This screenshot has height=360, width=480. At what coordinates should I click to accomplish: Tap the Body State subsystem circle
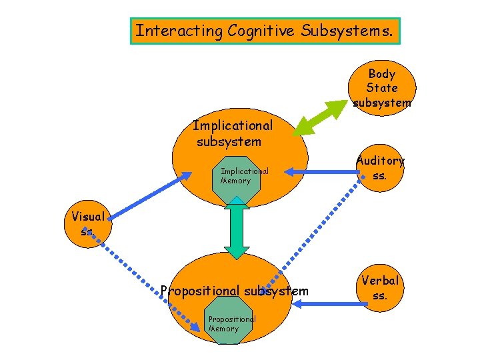[x=382, y=87]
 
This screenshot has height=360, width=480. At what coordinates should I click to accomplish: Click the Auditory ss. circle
[x=380, y=168]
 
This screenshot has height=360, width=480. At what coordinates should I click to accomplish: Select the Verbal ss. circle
[x=380, y=287]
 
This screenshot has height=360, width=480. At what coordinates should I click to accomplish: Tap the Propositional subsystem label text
[x=234, y=291]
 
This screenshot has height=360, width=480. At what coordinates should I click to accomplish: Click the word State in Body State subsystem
[x=382, y=88]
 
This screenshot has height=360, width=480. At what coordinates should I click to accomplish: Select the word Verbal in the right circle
[x=380, y=281]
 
